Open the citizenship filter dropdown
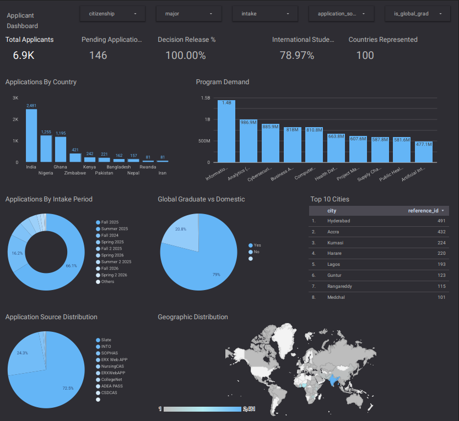pyautogui.click(x=112, y=14)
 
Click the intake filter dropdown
pyautogui.click(x=265, y=14)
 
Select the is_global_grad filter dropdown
pyautogui.click(x=417, y=14)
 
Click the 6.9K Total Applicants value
pyautogui.click(x=24, y=56)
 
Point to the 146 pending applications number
pyautogui.click(x=98, y=56)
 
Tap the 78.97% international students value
pyautogui.click(x=297, y=56)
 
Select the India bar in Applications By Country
pyautogui.click(x=31, y=135)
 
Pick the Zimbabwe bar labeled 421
pyautogui.click(x=75, y=157)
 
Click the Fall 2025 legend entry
pyautogui.click(x=110, y=222)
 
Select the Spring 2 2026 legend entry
pyautogui.click(x=114, y=275)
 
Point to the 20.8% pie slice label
pyautogui.click(x=180, y=229)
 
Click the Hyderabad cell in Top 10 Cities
pyautogui.click(x=339, y=221)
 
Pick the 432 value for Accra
pyautogui.click(x=441, y=232)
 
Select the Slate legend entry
pyautogui.click(x=106, y=340)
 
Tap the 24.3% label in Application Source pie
pyautogui.click(x=22, y=353)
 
